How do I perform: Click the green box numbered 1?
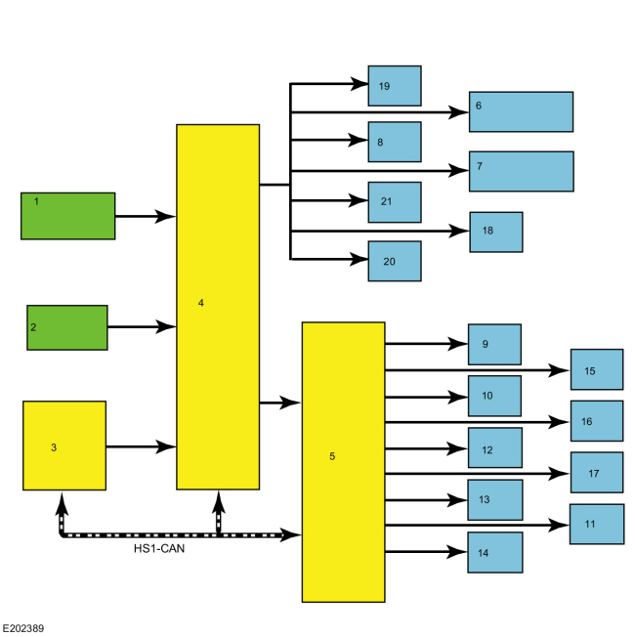point(68,216)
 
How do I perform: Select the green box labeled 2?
point(67,327)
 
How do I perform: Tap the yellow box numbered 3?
point(64,446)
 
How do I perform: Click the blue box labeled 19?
point(395,86)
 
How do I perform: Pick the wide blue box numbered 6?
point(521,111)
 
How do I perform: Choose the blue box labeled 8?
point(395,142)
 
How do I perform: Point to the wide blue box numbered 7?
point(521,171)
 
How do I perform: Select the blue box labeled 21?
point(395,202)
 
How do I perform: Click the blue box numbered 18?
point(496,232)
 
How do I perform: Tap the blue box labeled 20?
point(395,261)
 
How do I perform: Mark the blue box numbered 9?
point(494,344)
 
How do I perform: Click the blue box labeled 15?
point(597,370)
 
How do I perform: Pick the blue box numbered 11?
point(597,524)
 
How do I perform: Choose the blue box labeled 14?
point(494,552)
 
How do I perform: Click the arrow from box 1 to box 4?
point(145,216)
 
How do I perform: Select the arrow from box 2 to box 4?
point(141,327)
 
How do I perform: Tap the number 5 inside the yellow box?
point(332,456)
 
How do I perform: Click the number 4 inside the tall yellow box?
point(201,303)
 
